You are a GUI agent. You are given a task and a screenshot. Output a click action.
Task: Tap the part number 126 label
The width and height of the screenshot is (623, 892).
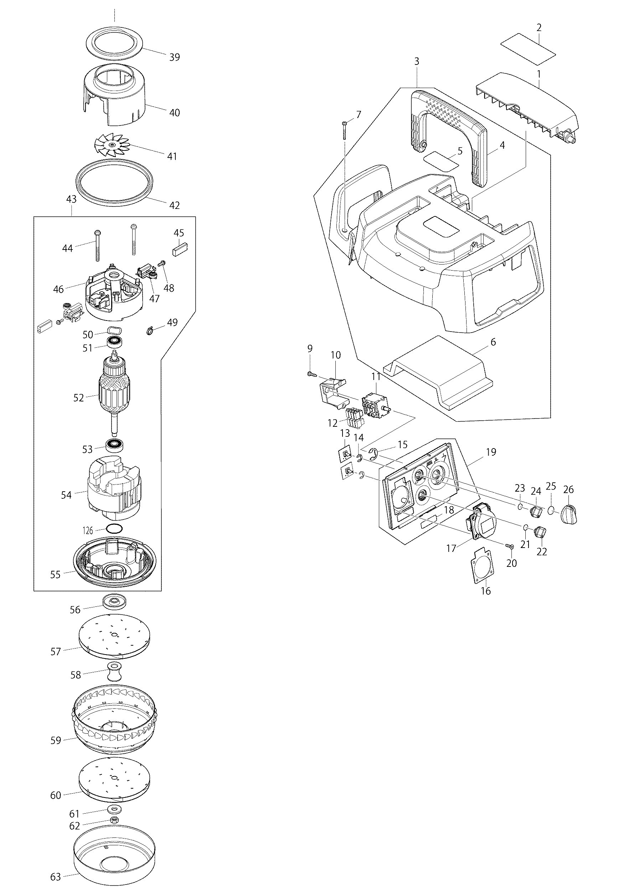click(x=88, y=529)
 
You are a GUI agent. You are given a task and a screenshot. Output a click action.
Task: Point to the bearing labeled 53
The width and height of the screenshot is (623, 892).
click(x=114, y=444)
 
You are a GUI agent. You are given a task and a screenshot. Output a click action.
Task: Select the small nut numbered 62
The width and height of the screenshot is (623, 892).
click(x=114, y=820)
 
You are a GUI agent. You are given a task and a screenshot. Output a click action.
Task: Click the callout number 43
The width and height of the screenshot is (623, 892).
click(x=72, y=199)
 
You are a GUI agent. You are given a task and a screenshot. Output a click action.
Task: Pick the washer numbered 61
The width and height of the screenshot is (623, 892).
click(x=114, y=809)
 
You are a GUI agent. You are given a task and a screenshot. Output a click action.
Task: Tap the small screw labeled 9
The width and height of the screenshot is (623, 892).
click(x=311, y=374)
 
